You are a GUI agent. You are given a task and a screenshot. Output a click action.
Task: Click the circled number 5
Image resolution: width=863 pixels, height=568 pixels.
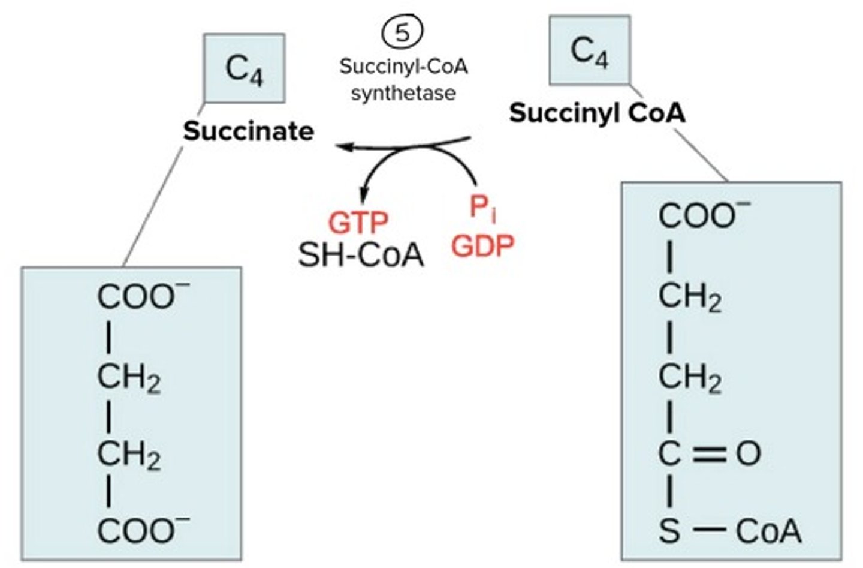402,32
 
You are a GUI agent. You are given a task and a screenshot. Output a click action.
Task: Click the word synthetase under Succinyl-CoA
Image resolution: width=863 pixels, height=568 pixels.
403,93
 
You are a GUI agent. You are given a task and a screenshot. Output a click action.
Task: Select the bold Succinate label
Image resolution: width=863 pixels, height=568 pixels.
248,131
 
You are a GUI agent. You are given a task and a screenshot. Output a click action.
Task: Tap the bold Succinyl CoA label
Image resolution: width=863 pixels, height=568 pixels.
597,112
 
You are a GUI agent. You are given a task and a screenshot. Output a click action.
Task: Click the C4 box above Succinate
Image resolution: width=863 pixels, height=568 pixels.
244,68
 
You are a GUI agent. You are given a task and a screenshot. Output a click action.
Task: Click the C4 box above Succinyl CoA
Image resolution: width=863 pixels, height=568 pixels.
590,50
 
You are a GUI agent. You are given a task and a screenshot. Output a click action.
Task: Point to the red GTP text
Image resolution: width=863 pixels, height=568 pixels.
358,223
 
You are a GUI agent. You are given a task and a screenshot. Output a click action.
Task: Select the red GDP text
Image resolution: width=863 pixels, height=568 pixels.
482,245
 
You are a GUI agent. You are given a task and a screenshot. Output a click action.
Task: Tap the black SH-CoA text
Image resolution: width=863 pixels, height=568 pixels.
361,255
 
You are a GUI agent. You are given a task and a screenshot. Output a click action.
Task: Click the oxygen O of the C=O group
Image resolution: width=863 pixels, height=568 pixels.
749,453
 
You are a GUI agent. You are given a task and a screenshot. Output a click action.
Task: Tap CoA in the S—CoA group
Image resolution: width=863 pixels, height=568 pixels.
768,531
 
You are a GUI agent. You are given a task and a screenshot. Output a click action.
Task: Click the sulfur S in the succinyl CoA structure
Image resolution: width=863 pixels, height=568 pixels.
669,531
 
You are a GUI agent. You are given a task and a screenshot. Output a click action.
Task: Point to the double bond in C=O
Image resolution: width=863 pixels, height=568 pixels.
709,454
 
